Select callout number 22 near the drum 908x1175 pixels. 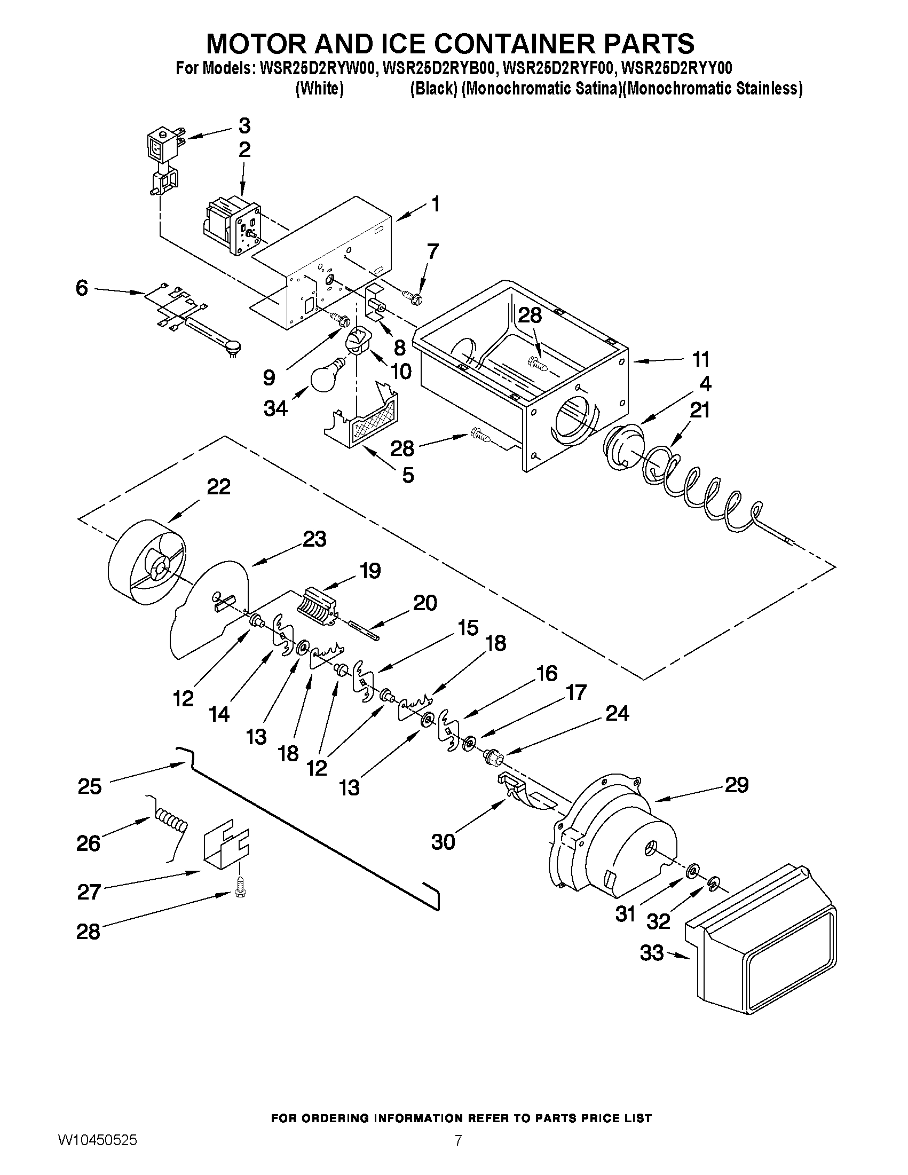tap(219, 487)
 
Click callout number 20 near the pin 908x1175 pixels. tap(425, 603)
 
